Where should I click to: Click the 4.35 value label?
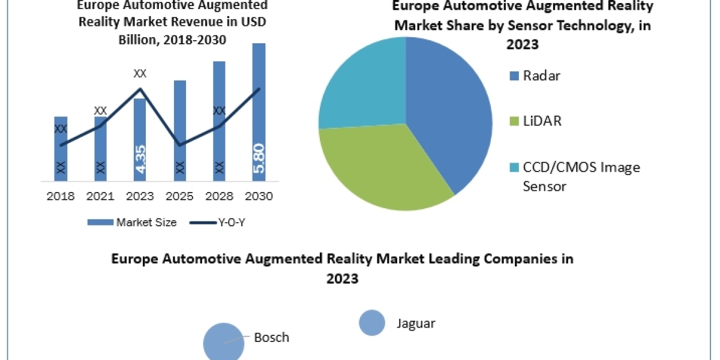tap(140, 160)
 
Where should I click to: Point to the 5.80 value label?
tap(259, 159)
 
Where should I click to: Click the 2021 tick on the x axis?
tap(100, 197)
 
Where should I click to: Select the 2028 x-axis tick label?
tap(219, 197)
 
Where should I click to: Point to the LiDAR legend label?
tap(542, 121)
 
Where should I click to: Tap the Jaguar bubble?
tap(372, 323)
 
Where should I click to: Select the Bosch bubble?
tap(223, 342)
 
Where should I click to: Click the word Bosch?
tap(271, 337)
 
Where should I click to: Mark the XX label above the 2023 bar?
tap(140, 74)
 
